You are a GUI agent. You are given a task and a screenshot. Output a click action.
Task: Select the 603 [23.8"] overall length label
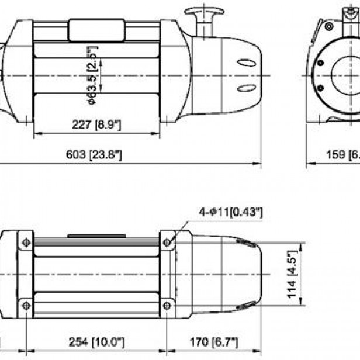point(97,155)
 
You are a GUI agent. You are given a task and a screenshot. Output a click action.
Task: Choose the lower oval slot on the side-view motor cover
point(246,88)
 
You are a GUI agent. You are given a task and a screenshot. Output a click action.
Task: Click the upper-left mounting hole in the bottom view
point(26,242)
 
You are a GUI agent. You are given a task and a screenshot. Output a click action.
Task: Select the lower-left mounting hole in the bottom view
point(26,304)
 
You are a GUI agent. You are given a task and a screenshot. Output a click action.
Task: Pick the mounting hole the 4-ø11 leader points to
point(167,242)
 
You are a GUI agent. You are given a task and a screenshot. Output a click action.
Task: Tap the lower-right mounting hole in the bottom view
point(167,304)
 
